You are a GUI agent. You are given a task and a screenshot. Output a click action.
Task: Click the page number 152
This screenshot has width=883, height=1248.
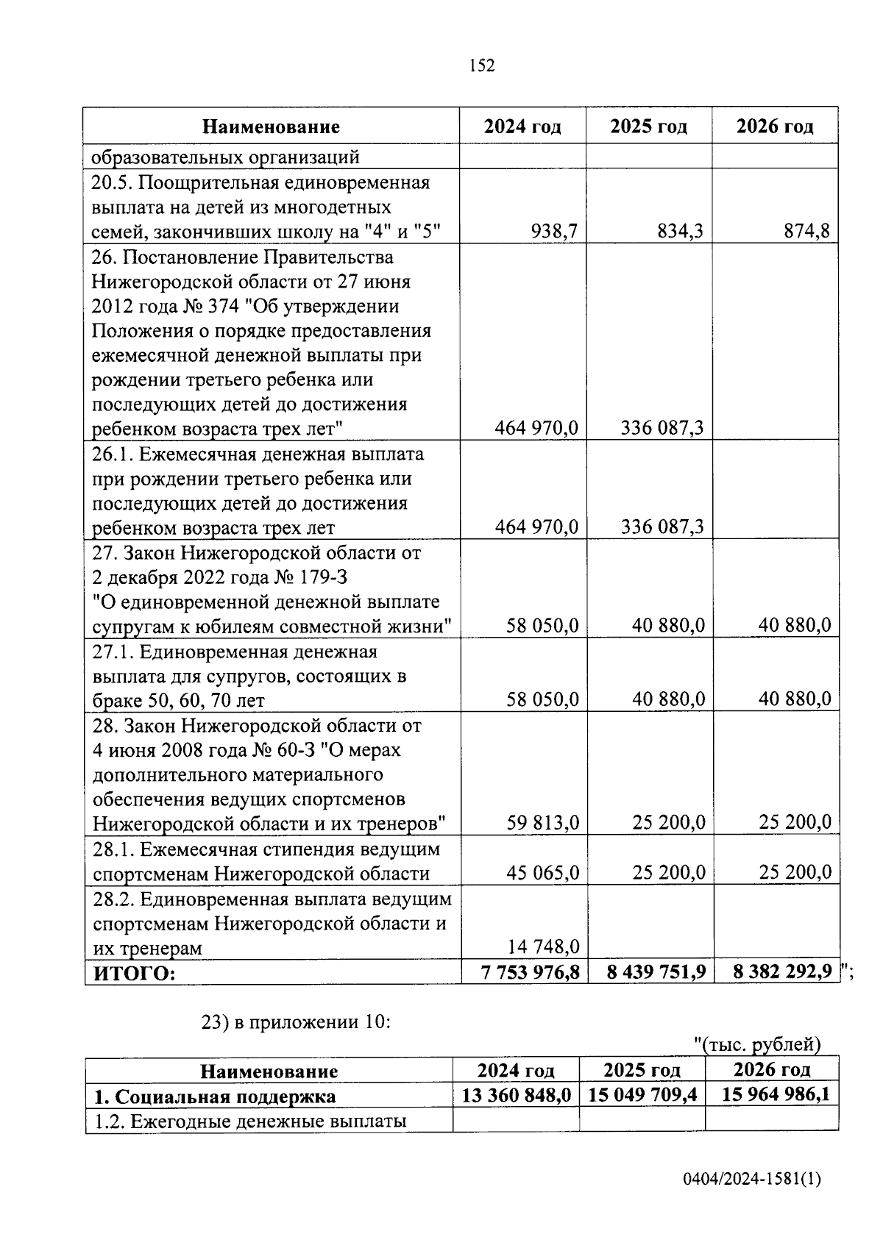click(x=482, y=66)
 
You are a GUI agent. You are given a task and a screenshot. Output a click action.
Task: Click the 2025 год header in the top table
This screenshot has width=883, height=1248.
click(x=648, y=126)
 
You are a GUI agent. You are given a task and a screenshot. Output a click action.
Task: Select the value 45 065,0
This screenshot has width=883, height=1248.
click(x=543, y=873)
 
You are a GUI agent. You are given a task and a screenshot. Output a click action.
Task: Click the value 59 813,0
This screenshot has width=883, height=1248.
click(x=543, y=822)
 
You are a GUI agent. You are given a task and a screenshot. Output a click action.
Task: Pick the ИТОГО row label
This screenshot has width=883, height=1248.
click(x=135, y=973)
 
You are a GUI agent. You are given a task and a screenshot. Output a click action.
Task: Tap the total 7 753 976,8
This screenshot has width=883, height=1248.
click(x=530, y=972)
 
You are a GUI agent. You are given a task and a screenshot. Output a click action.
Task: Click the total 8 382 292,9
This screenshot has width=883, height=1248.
click(x=783, y=972)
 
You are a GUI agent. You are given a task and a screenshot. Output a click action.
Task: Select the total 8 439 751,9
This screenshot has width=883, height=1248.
click(x=656, y=972)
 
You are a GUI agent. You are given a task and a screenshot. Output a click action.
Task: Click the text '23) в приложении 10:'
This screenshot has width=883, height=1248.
click(x=295, y=1022)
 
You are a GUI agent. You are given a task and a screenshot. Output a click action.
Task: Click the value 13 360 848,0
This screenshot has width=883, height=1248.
click(x=516, y=1095)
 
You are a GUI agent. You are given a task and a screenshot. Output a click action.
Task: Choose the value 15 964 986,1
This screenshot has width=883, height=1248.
click(x=776, y=1094)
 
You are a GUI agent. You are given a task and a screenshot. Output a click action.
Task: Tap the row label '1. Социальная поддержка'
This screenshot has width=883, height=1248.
click(x=215, y=1097)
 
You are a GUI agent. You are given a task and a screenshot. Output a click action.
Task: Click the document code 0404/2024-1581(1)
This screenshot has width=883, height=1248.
click(x=751, y=1180)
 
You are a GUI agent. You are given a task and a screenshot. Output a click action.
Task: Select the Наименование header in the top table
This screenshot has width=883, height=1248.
click(x=271, y=126)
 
